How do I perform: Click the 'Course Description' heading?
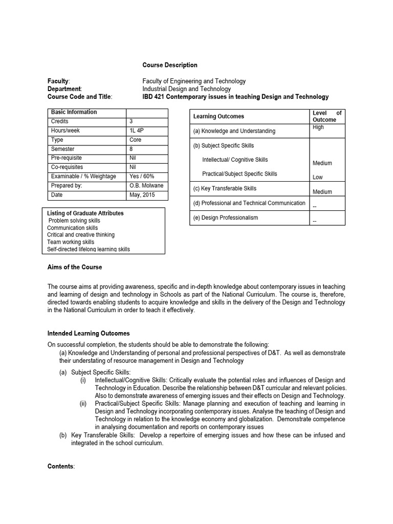click(169, 65)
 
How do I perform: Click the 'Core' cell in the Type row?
click(136, 140)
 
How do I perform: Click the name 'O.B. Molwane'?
click(147, 186)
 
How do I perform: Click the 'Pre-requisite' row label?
click(67, 158)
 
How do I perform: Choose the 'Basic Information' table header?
click(74, 112)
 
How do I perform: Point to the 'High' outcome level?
click(318, 127)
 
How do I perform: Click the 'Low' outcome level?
click(317, 177)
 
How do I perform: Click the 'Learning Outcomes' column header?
click(219, 117)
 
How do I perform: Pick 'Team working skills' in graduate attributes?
click(71, 242)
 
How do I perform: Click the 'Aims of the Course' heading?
click(75, 267)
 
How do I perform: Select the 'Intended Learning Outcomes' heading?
click(89, 334)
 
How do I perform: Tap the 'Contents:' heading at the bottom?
click(61, 466)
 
